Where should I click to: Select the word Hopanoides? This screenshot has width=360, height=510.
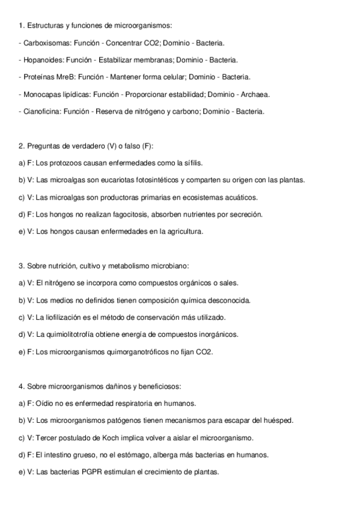click(x=41, y=60)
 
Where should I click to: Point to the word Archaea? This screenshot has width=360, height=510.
click(x=255, y=94)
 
